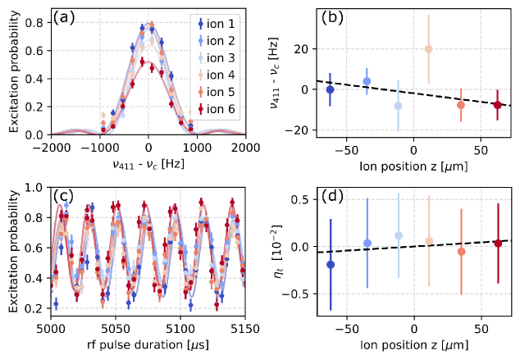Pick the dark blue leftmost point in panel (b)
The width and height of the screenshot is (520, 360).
330,89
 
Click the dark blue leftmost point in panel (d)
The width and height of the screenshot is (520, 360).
330,264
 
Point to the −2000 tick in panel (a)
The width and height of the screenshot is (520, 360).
52,145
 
